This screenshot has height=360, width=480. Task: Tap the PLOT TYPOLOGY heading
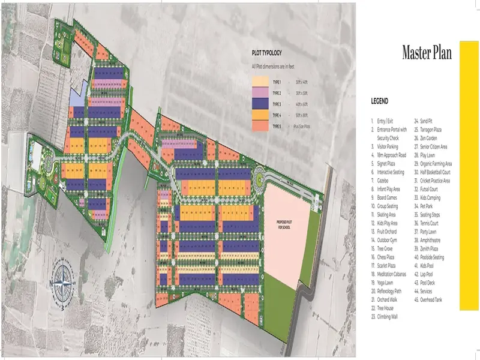coord(267,53)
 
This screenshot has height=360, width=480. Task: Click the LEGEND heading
coord(379,101)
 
